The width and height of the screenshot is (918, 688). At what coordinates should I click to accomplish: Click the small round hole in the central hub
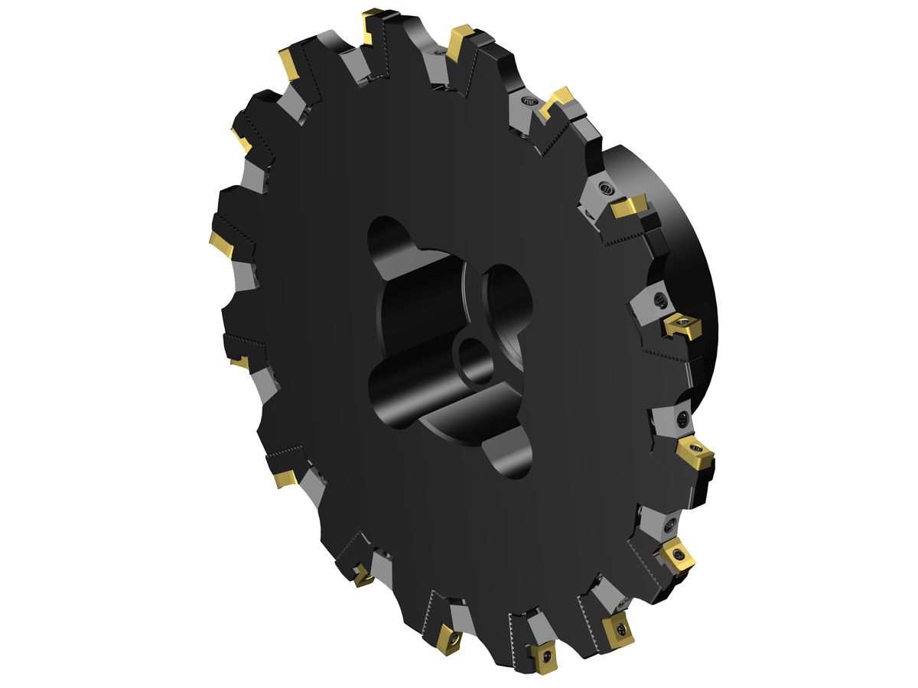pyautogui.click(x=476, y=360)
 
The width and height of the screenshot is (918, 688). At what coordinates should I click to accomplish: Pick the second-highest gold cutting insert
pyautogui.click(x=459, y=40)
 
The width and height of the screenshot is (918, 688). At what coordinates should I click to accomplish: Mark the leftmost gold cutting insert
pyautogui.click(x=222, y=245)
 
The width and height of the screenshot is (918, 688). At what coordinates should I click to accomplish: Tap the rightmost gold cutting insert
pyautogui.click(x=695, y=453)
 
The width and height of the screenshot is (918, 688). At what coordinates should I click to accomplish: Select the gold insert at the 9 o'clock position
pyautogui.click(x=222, y=245)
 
